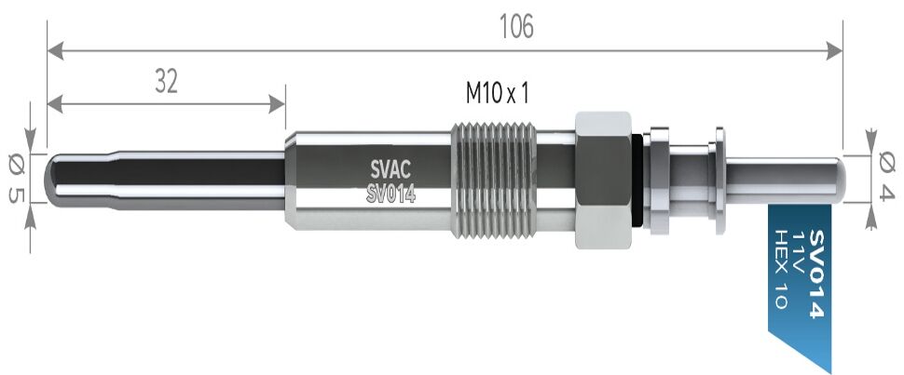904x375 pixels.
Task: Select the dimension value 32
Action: pyautogui.click(x=165, y=83)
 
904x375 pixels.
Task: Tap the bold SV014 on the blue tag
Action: pyautogui.click(x=815, y=274)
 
